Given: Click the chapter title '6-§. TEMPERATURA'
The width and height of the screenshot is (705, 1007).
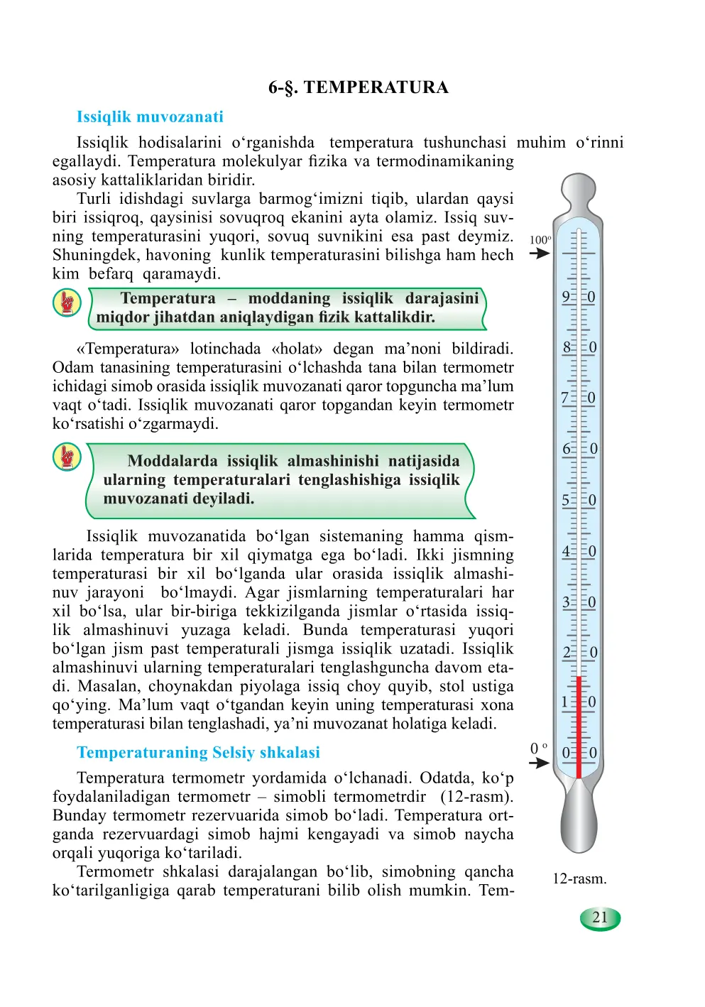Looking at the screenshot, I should [x=358, y=87].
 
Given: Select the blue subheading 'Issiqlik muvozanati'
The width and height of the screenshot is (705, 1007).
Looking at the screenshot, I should [x=150, y=117].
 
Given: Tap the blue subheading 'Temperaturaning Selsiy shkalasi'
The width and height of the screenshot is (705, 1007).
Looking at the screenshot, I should [x=198, y=753].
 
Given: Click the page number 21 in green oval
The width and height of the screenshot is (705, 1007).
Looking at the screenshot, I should [x=600, y=918].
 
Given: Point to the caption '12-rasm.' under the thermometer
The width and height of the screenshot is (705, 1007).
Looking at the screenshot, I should [x=579, y=879].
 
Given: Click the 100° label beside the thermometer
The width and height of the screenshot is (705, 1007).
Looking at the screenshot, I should [x=540, y=240].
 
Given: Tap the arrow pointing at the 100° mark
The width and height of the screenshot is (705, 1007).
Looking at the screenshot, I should [x=540, y=254].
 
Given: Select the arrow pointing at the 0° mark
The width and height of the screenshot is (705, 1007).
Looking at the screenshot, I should [x=540, y=763].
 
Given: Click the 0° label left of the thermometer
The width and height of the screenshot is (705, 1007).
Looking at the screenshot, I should [x=539, y=749].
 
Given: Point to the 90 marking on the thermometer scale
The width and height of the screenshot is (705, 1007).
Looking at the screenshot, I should [x=579, y=298].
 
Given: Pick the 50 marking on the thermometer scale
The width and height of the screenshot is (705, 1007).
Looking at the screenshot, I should [x=579, y=501].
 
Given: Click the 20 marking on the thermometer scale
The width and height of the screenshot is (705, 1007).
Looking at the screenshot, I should [x=579, y=653].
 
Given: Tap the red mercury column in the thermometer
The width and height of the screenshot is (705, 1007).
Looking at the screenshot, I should [x=579, y=724].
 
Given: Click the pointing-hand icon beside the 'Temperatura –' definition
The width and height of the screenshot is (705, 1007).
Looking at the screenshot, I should [x=67, y=303].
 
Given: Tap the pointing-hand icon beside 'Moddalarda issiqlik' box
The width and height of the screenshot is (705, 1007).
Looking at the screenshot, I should [x=67, y=457].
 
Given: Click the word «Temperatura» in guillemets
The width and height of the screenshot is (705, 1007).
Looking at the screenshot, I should [x=128, y=349].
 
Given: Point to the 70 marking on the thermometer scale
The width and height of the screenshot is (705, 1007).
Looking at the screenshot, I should [x=579, y=398].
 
